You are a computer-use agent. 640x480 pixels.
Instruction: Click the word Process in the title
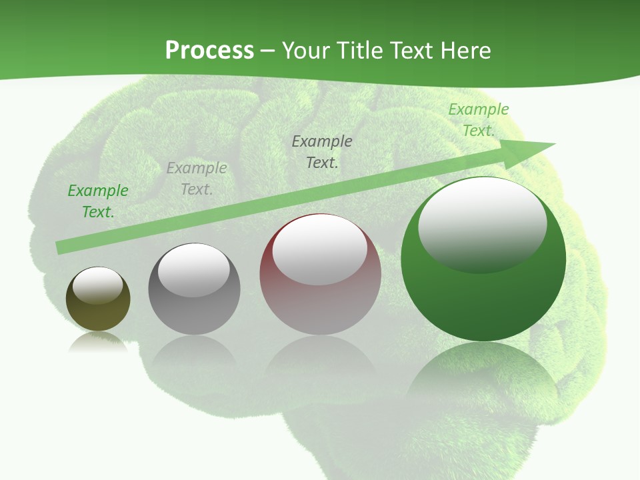(209, 51)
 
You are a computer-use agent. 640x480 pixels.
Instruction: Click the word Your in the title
(307, 51)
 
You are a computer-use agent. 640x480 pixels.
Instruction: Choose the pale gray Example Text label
(197, 179)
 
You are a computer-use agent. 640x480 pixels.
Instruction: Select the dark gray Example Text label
(322, 151)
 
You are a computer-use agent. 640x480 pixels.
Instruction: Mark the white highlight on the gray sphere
(194, 269)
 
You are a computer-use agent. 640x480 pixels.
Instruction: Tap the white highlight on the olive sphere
(98, 285)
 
